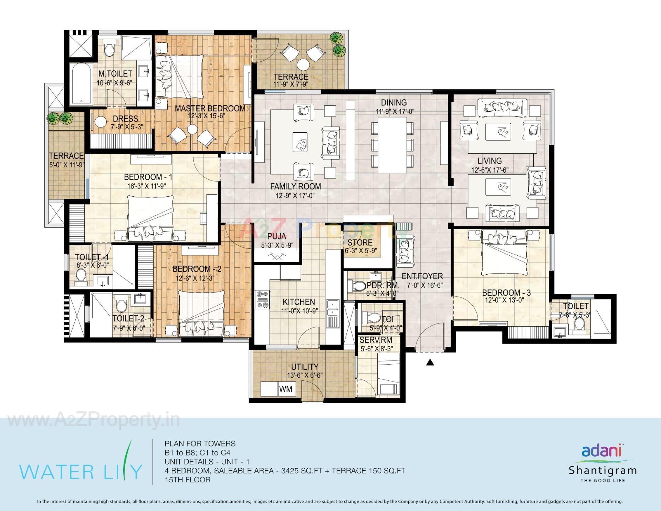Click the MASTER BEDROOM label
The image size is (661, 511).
click(x=210, y=108)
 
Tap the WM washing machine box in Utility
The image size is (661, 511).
click(x=285, y=389)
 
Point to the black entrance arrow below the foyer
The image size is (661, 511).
click(x=430, y=362)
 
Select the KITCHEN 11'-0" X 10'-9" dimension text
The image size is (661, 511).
click(x=298, y=311)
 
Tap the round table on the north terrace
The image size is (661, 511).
click(x=304, y=65)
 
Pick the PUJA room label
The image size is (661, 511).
click(x=276, y=236)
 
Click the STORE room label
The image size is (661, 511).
click(x=360, y=243)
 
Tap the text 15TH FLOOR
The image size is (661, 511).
click(x=187, y=480)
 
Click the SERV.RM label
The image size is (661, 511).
click(x=376, y=340)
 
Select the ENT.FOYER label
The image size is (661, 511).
click(x=422, y=276)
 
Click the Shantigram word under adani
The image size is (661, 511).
click(x=602, y=470)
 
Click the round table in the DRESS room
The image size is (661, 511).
click(x=101, y=122)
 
